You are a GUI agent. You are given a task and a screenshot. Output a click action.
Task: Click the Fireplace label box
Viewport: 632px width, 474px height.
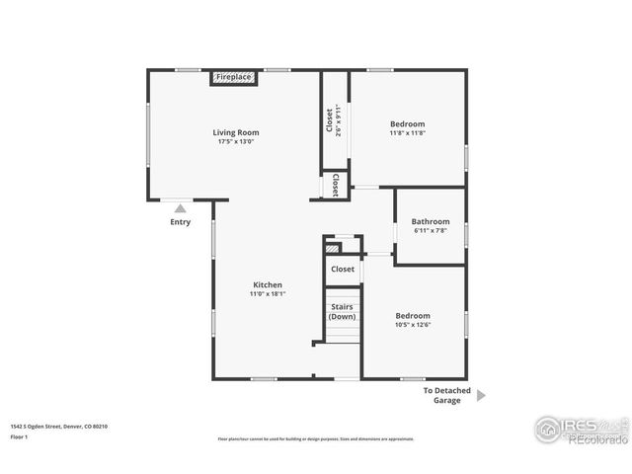click(234, 77)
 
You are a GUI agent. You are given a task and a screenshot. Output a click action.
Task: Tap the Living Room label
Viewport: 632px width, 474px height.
click(236, 132)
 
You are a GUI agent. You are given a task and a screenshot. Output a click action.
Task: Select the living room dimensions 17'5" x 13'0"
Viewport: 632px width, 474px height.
click(236, 142)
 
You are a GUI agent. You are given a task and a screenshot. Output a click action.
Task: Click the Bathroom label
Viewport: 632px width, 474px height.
click(431, 221)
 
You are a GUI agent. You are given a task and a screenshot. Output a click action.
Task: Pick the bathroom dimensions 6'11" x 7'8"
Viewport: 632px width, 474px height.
click(431, 231)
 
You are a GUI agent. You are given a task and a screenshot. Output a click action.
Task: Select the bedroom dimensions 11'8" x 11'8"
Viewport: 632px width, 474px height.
click(407, 133)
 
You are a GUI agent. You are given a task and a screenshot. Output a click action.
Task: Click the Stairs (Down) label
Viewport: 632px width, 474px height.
click(342, 311)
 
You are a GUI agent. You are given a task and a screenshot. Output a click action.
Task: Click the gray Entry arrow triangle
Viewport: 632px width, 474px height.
click(180, 208)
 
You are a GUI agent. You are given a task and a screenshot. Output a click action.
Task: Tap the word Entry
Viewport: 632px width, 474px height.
click(180, 222)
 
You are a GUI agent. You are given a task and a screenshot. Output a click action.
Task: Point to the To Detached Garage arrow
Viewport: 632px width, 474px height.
click(481, 395)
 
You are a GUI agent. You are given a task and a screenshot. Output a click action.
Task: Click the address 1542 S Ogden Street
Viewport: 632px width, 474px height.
click(59, 426)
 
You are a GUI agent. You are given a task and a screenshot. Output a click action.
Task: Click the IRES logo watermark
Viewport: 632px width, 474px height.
click(581, 429)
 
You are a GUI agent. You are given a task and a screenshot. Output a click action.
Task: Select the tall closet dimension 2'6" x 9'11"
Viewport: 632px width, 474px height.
click(339, 119)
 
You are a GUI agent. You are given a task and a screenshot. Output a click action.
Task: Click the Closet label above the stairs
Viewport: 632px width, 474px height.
click(343, 269)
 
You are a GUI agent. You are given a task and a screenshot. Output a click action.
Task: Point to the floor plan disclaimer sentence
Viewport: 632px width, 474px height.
click(316, 438)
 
